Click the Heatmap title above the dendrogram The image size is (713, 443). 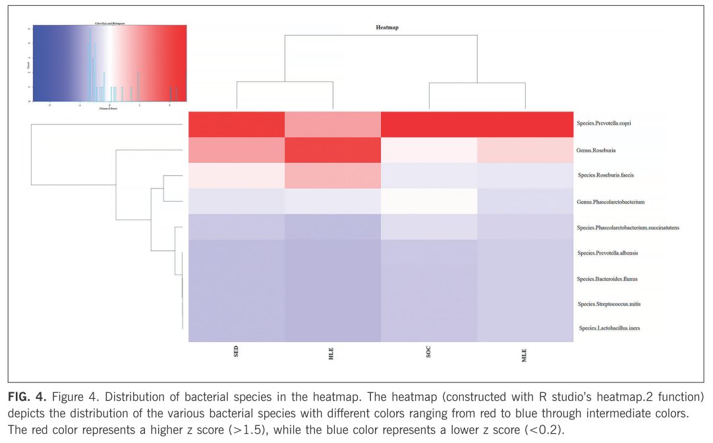click(x=387, y=28)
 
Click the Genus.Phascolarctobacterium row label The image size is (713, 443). click(x=610, y=201)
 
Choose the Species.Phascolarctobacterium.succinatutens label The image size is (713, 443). click(x=628, y=227)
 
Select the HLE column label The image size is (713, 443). click(x=331, y=352)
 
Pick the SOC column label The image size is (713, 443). click(x=428, y=352)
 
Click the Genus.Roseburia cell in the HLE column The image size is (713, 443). click(x=333, y=150)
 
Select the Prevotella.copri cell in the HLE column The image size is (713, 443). click(x=333, y=124)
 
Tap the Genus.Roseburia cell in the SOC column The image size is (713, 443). click(x=428, y=150)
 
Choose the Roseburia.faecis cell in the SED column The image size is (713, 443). click(x=237, y=175)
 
